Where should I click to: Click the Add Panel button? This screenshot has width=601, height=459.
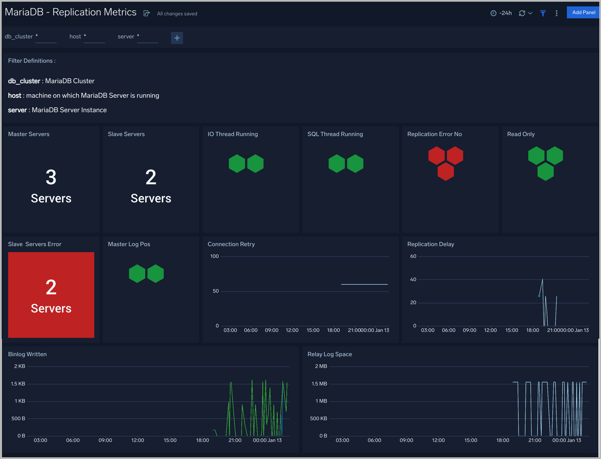tap(583, 13)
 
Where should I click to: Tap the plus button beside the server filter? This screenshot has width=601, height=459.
tap(177, 38)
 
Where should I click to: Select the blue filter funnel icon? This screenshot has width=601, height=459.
tap(543, 13)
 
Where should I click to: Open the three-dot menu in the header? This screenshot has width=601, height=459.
tap(556, 13)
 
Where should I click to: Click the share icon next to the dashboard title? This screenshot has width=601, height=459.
tap(147, 13)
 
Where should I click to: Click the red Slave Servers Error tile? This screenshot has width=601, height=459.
tap(51, 295)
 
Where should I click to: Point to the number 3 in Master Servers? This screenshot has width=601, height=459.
tap(51, 177)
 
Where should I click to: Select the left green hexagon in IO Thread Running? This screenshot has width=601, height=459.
tap(237, 164)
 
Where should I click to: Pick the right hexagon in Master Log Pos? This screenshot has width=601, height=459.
tap(155, 273)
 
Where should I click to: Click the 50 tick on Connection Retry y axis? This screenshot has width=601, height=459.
tap(216, 291)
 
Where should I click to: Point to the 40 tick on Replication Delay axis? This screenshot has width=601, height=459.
tap(413, 279)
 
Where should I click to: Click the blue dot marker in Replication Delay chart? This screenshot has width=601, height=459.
tap(539, 296)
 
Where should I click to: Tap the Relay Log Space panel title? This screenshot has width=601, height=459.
tap(330, 354)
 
